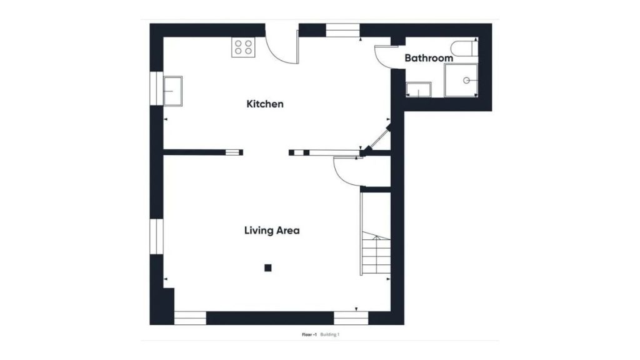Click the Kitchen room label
pyautogui.click(x=265, y=104)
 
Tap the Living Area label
pyautogui.click(x=272, y=231)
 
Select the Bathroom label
pyautogui.click(x=429, y=58)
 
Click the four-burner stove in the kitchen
pyautogui.click(x=243, y=47)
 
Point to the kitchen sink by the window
pyautogui.click(x=172, y=91)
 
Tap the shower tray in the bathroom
pyautogui.click(x=461, y=81)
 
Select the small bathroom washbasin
pyautogui.click(x=418, y=90)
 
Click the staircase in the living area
pyautogui.click(x=376, y=234)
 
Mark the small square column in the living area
pyautogui.click(x=267, y=267)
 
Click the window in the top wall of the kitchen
pyautogui.click(x=343, y=30)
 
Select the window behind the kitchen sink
pyautogui.click(x=156, y=89)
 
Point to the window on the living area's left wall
pyautogui.click(x=156, y=236)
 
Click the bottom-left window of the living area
pyautogui.click(x=190, y=318)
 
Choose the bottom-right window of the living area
pyautogui.click(x=351, y=318)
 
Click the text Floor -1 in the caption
pyautogui.click(x=309, y=335)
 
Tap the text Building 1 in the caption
pyautogui.click(x=330, y=335)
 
